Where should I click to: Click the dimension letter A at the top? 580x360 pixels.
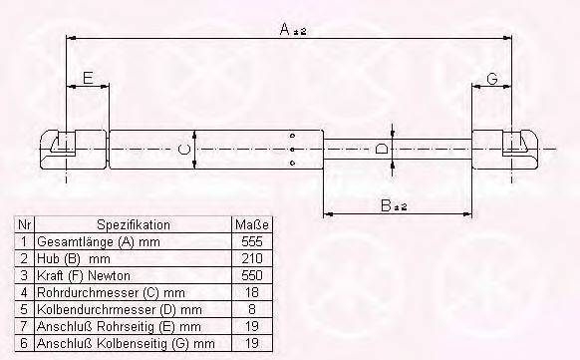[285, 29]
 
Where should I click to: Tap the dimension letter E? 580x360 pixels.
[88, 78]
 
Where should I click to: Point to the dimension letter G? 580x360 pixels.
[492, 79]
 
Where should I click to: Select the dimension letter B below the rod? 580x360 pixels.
[387, 205]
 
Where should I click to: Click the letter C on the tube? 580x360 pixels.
[183, 150]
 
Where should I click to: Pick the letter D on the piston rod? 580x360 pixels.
[381, 150]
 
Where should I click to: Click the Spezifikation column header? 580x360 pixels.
[134, 225]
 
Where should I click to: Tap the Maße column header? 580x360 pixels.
[252, 224]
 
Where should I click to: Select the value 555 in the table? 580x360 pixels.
[252, 241]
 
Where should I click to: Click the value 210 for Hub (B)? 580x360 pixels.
[252, 258]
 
